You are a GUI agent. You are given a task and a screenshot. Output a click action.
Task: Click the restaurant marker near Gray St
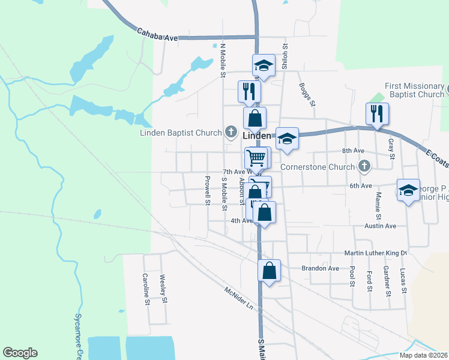coord(377,113)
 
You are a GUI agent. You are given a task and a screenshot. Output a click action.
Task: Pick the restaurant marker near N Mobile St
coord(249,92)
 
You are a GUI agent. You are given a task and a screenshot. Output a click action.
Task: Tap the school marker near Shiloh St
coord(264,64)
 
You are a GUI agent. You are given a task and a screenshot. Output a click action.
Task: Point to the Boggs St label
coord(307,94)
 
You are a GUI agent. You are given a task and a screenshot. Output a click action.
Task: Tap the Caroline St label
coord(146,289)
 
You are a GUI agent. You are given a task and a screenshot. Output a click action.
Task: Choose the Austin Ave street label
coord(380,226)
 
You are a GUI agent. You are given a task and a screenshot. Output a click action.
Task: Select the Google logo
coord(20,353)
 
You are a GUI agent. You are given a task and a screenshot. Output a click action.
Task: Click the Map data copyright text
coord(424,355)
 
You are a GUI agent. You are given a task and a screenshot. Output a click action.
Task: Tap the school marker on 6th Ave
coord(408,190)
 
